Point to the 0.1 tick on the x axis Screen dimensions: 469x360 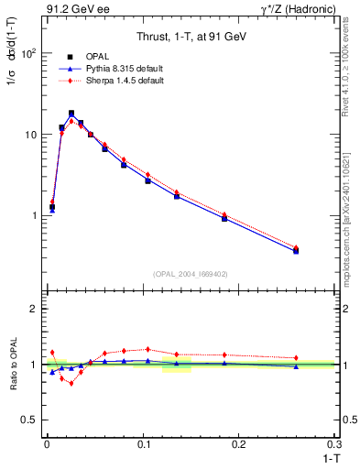142,443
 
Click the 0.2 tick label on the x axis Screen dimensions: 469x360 238,443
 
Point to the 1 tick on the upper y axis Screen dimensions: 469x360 33,216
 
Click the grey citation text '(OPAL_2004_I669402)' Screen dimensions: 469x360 190,272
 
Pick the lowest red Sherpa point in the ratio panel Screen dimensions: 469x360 71,383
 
